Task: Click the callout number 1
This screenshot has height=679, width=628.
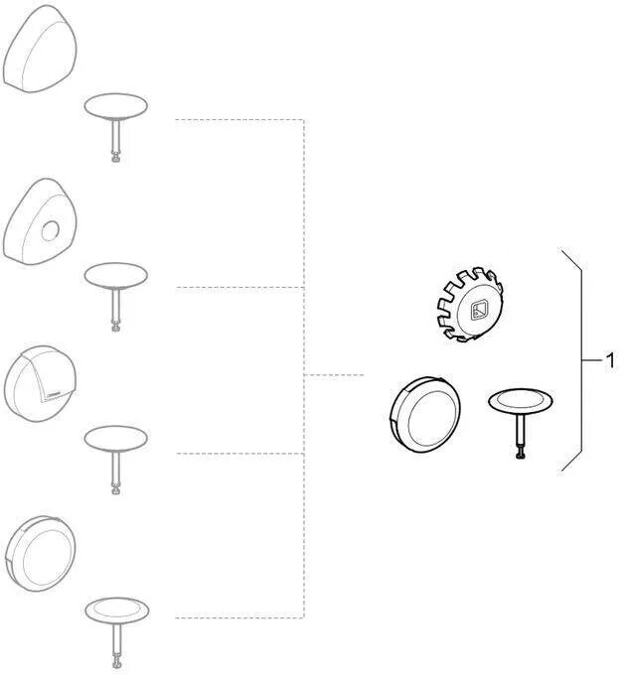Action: point(610,360)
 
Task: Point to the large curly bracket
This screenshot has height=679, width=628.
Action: point(575,359)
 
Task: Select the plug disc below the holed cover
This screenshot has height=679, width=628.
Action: point(116,275)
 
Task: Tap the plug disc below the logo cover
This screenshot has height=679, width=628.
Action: point(116,438)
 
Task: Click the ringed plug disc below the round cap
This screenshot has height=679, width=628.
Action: point(115,609)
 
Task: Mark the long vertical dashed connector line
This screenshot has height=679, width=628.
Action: point(303,367)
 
